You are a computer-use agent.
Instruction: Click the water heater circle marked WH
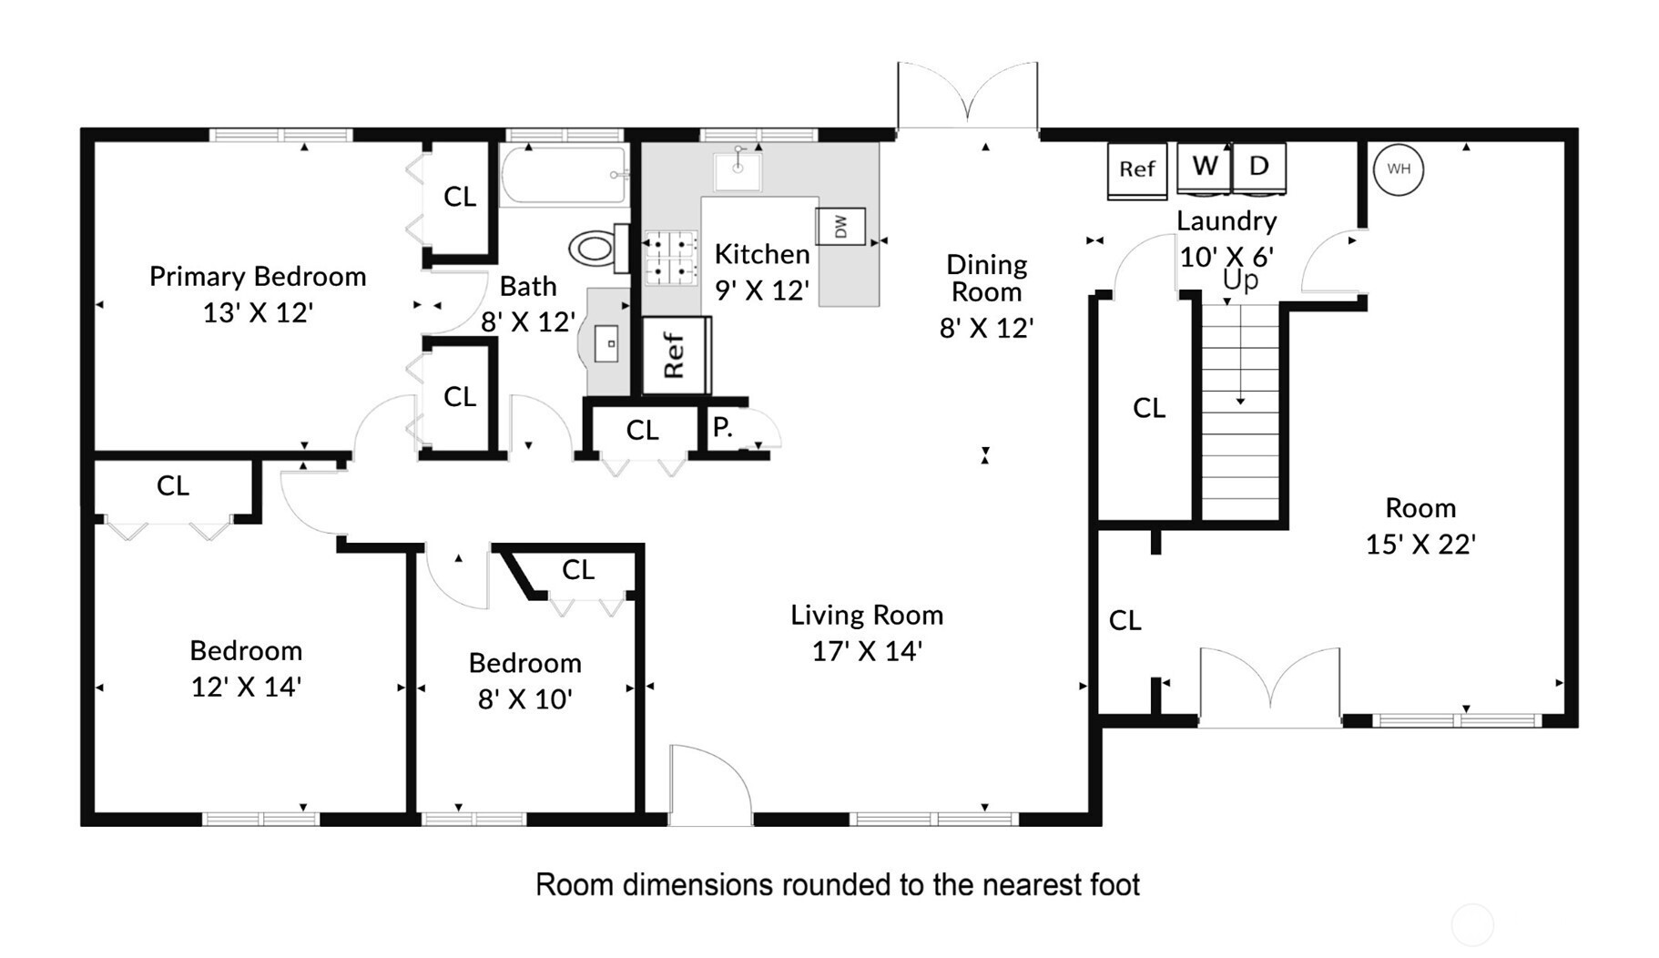pyautogui.click(x=1398, y=169)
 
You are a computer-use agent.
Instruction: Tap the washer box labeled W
pyautogui.click(x=1204, y=168)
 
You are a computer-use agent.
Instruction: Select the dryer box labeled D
pyautogui.click(x=1258, y=168)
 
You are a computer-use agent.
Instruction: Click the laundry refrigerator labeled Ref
pyautogui.click(x=1137, y=170)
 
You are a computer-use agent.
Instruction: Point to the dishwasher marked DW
pyautogui.click(x=840, y=227)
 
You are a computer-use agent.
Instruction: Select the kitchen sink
pyautogui.click(x=738, y=168)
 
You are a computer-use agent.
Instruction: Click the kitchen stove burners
pyautogui.click(x=671, y=259)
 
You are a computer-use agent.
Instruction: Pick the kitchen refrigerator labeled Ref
pyautogui.click(x=676, y=355)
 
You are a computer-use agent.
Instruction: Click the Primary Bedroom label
pyautogui.click(x=258, y=276)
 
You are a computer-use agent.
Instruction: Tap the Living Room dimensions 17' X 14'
pyautogui.click(x=867, y=651)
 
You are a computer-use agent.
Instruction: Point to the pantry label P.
pyautogui.click(x=722, y=427)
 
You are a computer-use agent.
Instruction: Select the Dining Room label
pyautogui.click(x=987, y=278)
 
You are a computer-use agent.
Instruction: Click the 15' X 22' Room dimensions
pyautogui.click(x=1420, y=544)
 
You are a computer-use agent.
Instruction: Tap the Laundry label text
pyautogui.click(x=1226, y=221)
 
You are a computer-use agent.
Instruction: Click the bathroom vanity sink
pyautogui.click(x=606, y=343)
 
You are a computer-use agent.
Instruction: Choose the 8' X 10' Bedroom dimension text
pyautogui.click(x=525, y=698)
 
